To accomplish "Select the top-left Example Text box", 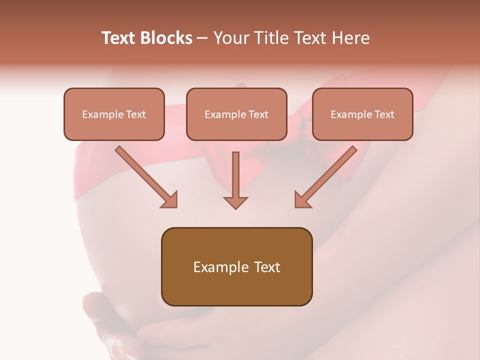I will coord(114,114).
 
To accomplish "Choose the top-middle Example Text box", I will coord(236,114).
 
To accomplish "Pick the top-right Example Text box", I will coord(362,114).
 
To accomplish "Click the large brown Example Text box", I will coord(236,266).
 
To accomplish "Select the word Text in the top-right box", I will coord(384,114).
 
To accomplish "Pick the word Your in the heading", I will coord(229,38).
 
